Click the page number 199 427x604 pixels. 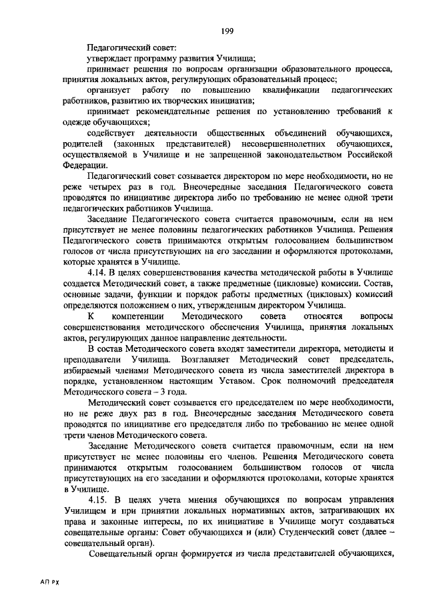pos(226,31)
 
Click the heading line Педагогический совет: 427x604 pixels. pos(131,47)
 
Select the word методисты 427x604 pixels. pos(364,348)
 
